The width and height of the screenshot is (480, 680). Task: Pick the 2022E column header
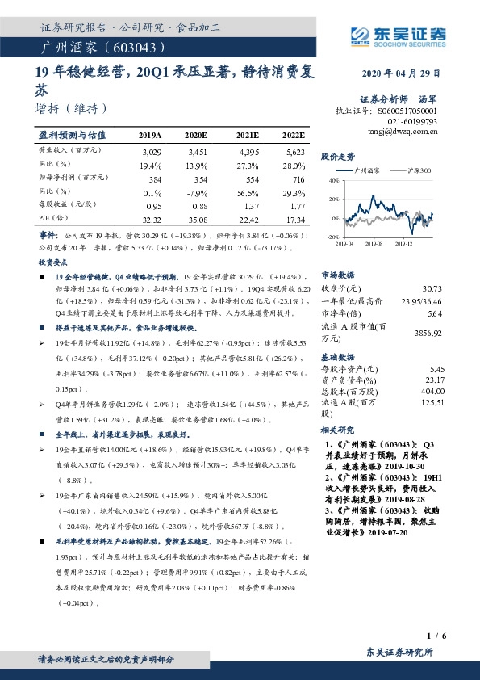pos(292,135)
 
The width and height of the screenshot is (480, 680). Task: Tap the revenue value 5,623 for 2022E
pos(294,151)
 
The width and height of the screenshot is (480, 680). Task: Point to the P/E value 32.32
pos(152,219)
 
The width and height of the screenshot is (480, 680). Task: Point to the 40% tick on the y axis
pos(334,182)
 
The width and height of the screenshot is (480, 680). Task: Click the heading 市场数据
pos(338,275)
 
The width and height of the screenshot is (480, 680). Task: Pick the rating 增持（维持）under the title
pos(69,107)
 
